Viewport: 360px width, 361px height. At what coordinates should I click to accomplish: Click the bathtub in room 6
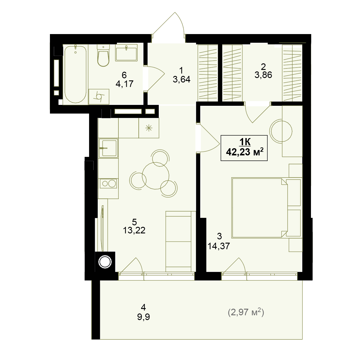click(75, 74)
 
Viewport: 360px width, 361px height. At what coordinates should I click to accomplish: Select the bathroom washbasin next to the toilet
click(126, 53)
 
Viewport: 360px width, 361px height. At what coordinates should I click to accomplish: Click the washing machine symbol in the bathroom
click(99, 97)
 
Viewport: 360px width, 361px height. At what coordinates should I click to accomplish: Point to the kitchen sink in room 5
click(108, 148)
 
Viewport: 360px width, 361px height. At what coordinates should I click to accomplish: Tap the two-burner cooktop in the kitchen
click(108, 183)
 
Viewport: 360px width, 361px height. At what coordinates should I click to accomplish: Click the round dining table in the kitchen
click(155, 176)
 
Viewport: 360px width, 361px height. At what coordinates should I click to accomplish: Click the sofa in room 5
click(181, 241)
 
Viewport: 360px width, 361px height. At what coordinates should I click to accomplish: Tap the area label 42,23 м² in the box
click(245, 152)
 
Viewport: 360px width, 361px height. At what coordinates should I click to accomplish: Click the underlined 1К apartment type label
click(245, 142)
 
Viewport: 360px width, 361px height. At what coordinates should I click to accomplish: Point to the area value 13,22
click(134, 230)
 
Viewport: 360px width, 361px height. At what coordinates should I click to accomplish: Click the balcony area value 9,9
click(144, 317)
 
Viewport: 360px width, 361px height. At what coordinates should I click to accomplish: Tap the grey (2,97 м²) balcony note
click(246, 312)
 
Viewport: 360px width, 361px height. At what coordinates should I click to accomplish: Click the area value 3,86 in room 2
click(263, 75)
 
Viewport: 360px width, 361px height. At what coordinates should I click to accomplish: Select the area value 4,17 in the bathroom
click(124, 84)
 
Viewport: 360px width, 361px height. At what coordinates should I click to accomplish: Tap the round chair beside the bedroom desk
click(281, 131)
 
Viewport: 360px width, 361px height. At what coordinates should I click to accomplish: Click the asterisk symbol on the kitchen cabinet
click(149, 128)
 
